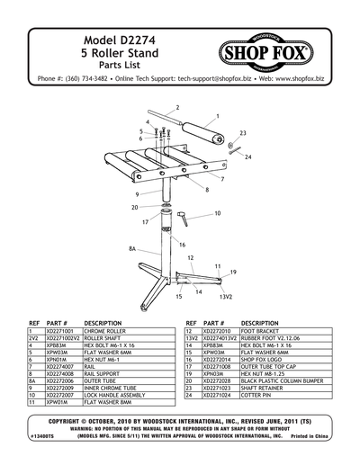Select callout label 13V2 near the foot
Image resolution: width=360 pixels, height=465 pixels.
[x=227, y=296]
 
